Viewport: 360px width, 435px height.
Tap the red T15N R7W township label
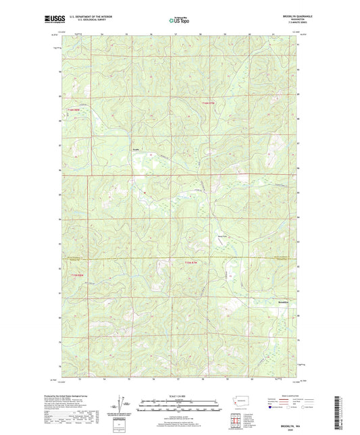coord(211,103)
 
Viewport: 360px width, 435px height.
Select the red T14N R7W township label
coord(192,263)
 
